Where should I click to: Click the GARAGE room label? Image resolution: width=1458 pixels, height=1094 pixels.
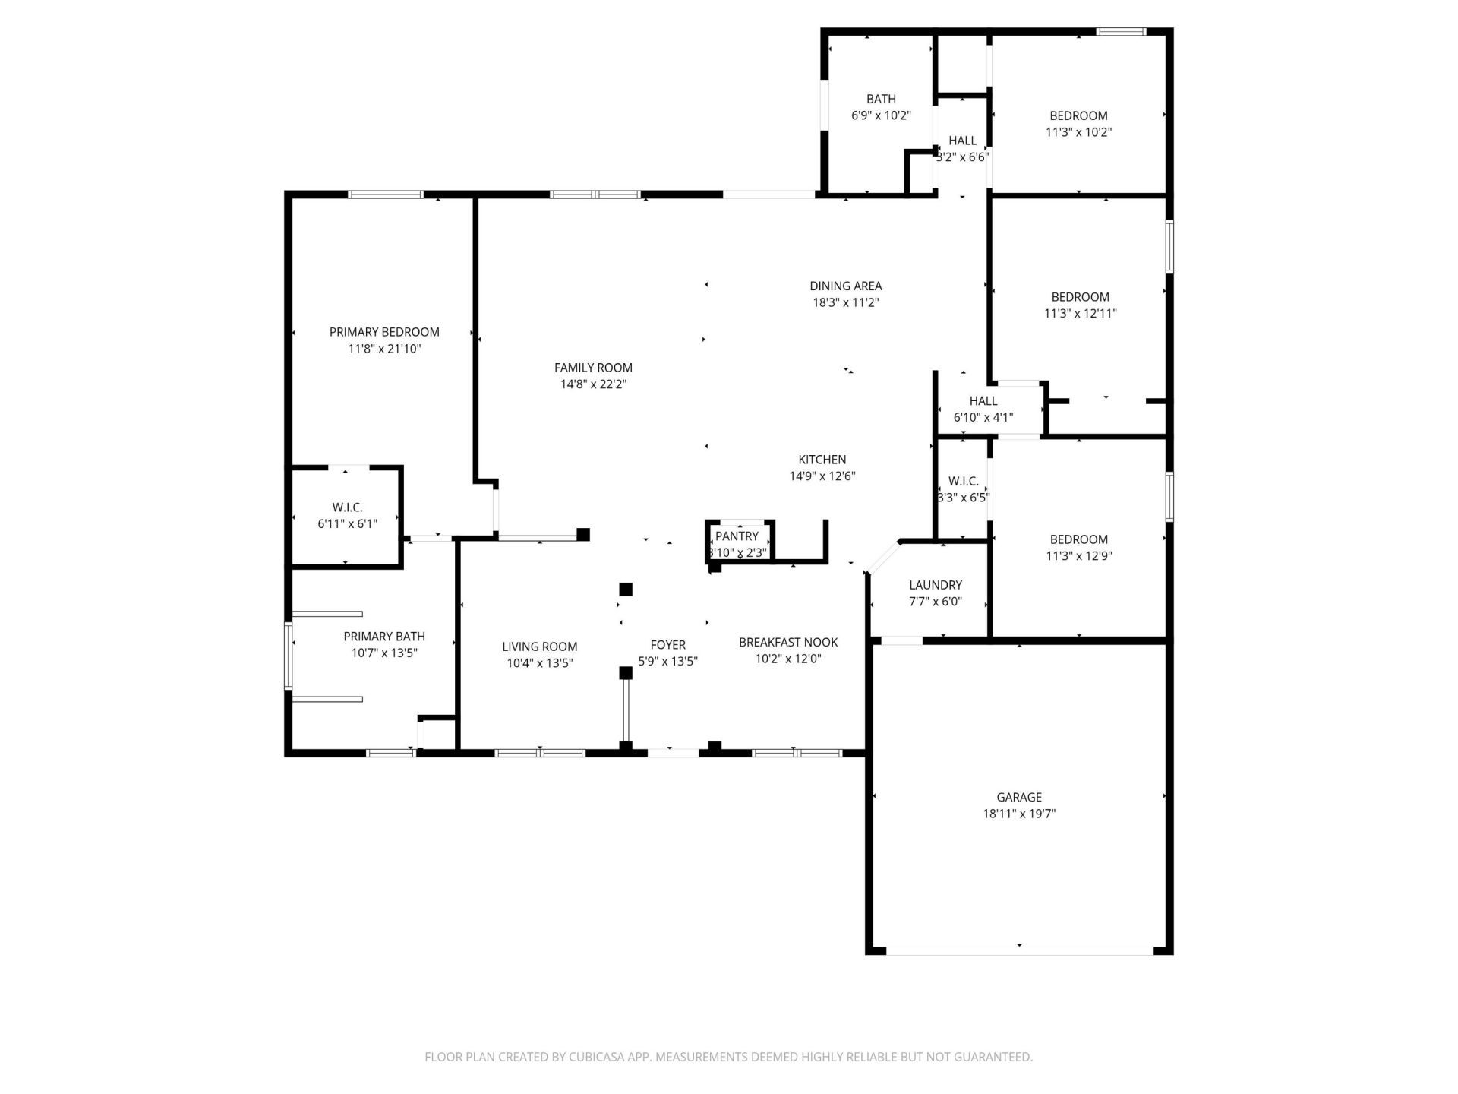click(x=1019, y=797)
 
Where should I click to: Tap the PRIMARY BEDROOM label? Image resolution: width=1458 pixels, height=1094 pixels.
click(x=384, y=332)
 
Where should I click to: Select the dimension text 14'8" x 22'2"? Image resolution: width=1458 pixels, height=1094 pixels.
click(x=593, y=384)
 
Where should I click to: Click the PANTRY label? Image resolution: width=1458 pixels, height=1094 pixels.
click(x=737, y=536)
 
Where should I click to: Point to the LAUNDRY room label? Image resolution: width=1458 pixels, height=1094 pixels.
click(x=936, y=585)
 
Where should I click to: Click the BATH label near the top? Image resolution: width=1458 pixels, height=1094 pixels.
click(x=881, y=99)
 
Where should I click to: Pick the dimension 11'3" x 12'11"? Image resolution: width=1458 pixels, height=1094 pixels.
click(x=1080, y=313)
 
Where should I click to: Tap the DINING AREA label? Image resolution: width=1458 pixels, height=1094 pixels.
click(x=845, y=286)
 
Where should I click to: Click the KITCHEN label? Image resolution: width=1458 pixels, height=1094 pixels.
click(x=822, y=460)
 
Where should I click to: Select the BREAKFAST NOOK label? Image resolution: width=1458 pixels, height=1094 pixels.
click(x=788, y=642)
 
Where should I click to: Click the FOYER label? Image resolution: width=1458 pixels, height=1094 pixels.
click(x=667, y=645)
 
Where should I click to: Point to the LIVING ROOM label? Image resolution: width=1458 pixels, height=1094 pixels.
click(x=539, y=647)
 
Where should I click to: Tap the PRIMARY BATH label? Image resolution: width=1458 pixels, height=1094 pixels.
click(x=384, y=637)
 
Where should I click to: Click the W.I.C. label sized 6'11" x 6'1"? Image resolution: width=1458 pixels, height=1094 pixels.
click(x=347, y=507)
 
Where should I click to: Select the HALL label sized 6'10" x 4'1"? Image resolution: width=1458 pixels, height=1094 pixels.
click(x=983, y=401)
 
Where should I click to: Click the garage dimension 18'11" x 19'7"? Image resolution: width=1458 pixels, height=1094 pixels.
click(x=1019, y=814)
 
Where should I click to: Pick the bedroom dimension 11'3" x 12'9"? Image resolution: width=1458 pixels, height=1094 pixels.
click(x=1078, y=555)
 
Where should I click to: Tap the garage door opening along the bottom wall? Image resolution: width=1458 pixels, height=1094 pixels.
click(x=1019, y=950)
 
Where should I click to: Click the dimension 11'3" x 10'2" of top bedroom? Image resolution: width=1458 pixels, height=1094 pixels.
click(x=1078, y=132)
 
